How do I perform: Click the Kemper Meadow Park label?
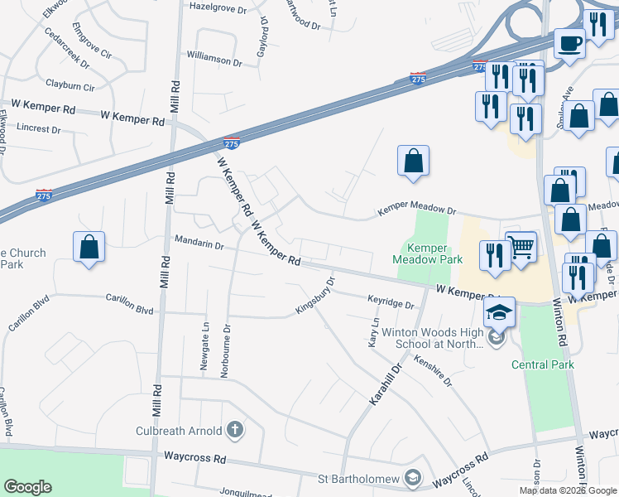pos(427,253)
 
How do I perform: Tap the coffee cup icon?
pos(569,42)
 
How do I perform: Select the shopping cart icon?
pos(521,247)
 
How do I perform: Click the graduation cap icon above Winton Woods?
pos(500,312)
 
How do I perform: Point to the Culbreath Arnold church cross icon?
pos(235,429)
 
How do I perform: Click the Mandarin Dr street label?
pos(199,244)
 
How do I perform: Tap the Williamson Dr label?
pos(214,60)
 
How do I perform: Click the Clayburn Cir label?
pos(70,85)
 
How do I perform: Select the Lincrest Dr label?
pos(40,129)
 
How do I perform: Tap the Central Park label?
pos(542,364)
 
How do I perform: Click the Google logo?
pos(27,487)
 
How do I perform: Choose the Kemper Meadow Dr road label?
pos(417,212)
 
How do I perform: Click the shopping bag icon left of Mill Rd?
pos(89,247)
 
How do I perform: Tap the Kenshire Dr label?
pos(434,370)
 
